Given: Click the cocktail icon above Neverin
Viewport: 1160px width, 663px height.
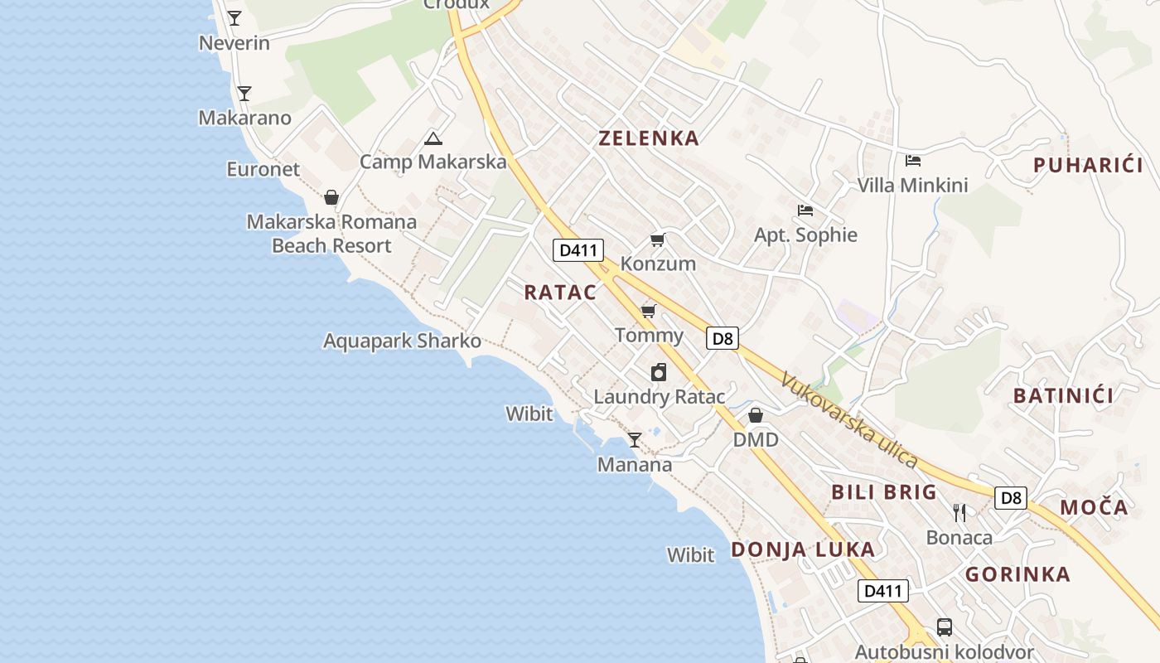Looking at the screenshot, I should pyautogui.click(x=234, y=17).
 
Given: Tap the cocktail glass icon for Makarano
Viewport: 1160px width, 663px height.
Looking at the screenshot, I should pyautogui.click(x=244, y=93).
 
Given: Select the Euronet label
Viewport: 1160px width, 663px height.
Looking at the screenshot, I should pyautogui.click(x=263, y=169).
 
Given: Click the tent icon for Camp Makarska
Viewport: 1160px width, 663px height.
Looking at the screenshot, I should pyautogui.click(x=433, y=138).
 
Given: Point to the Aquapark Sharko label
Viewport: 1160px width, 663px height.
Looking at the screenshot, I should pyautogui.click(x=402, y=341).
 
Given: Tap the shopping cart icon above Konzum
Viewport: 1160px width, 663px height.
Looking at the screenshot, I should pyautogui.click(x=658, y=240).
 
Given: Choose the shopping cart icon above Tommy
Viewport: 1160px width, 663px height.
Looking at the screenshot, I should pyautogui.click(x=649, y=311).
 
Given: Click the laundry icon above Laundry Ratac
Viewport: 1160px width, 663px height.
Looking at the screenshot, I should pyautogui.click(x=659, y=372).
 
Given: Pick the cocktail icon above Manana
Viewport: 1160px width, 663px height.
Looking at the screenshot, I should pyautogui.click(x=635, y=440).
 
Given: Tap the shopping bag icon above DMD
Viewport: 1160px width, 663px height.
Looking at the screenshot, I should pyautogui.click(x=756, y=415).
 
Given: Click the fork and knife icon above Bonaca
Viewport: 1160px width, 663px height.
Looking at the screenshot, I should pyautogui.click(x=959, y=513).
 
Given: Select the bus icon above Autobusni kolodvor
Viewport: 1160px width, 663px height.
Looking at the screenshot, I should pyautogui.click(x=944, y=627).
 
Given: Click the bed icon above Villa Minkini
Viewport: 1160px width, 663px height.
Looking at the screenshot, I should pyautogui.click(x=913, y=161).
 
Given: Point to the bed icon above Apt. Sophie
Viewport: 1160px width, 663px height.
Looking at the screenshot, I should pyautogui.click(x=805, y=211).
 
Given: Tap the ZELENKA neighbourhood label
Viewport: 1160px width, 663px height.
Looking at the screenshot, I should pyautogui.click(x=649, y=138).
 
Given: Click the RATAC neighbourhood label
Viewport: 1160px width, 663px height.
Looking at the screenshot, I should pyautogui.click(x=560, y=292).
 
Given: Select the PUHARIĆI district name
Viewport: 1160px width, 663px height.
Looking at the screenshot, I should pyautogui.click(x=1088, y=165).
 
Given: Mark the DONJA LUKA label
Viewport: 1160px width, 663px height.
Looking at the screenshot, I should pyautogui.click(x=802, y=549).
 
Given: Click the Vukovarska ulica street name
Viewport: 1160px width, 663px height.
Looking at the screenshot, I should pyautogui.click(x=850, y=419).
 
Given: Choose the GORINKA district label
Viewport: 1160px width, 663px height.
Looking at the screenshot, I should pyautogui.click(x=1017, y=574).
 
